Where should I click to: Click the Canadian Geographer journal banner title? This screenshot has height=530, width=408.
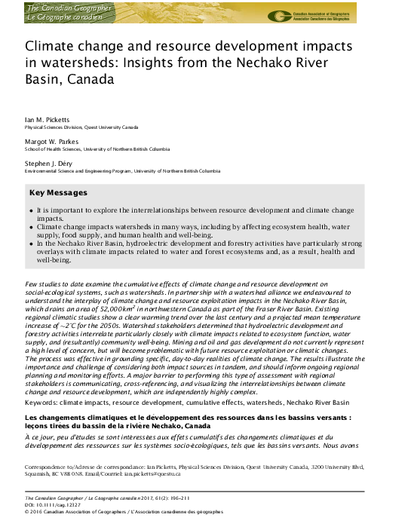point(69,12)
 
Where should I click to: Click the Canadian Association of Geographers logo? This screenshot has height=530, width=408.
point(281,16)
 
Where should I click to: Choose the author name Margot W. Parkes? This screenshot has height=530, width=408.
point(51,141)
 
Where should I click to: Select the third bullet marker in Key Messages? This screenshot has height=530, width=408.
point(31,244)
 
